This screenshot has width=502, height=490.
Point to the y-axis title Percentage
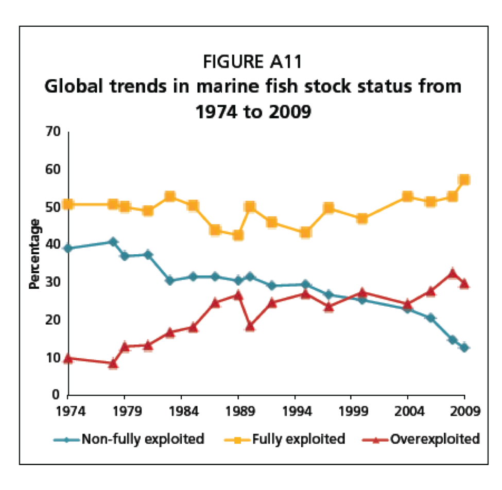(x=35, y=254)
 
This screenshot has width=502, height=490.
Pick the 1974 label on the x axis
(x=67, y=411)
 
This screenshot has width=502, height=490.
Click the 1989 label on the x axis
(x=238, y=411)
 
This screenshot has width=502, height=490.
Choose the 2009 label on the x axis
(x=464, y=411)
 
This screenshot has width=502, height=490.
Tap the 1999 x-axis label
(x=351, y=411)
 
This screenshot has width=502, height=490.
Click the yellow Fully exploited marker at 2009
(x=464, y=180)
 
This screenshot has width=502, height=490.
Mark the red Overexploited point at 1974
(x=67, y=358)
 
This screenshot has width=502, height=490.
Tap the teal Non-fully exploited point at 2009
(x=464, y=347)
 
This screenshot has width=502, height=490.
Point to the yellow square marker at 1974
(x=67, y=204)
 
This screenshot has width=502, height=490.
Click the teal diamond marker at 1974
(x=67, y=248)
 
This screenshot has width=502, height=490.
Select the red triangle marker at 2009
(x=464, y=283)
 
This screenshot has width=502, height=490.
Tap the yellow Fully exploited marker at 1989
(x=238, y=235)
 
